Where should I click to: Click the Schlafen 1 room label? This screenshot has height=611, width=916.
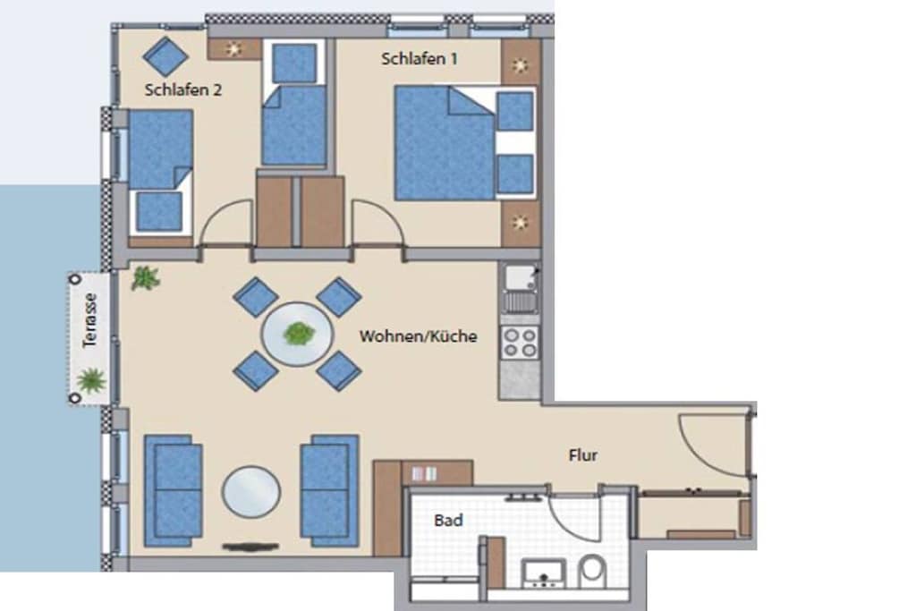click(x=419, y=59)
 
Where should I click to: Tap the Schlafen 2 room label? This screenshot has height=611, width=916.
click(x=182, y=90)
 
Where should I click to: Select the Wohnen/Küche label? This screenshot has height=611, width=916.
click(x=418, y=335)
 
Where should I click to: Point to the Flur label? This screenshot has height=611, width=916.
click(x=582, y=455)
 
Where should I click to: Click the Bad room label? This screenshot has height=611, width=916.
click(x=448, y=520)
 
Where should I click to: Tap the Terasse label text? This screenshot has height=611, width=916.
click(x=89, y=320)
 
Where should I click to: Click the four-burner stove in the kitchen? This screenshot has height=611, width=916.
click(x=520, y=342)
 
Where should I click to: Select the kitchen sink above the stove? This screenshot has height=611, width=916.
click(x=520, y=288)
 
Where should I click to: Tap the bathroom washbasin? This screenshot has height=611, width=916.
click(x=544, y=573)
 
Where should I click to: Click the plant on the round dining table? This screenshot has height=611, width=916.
click(x=299, y=334)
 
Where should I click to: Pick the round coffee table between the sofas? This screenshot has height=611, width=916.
click(x=251, y=490)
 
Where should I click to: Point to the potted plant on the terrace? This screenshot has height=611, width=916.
click(x=90, y=380)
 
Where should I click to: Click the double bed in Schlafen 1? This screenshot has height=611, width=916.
click(x=464, y=143)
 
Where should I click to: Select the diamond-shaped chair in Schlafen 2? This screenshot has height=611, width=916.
click(x=165, y=56)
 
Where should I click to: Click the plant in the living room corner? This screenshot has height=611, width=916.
click(x=145, y=278)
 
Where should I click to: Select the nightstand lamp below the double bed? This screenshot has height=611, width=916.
click(x=520, y=222)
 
